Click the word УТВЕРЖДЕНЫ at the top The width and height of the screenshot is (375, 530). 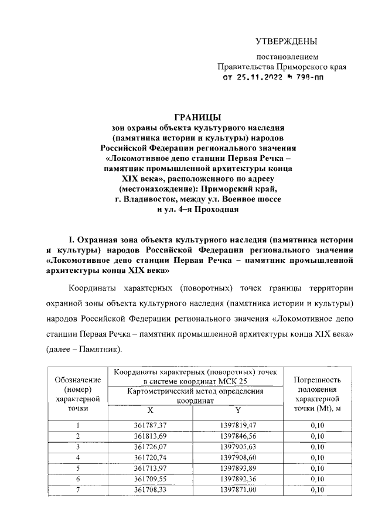pos(287,41)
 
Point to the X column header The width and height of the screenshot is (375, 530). pos(150,410)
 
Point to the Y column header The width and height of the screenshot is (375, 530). pos(237,410)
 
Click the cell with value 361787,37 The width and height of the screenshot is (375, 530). pos(150,426)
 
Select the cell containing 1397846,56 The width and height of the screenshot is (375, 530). pos(237,436)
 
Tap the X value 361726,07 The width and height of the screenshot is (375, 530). pos(150,447)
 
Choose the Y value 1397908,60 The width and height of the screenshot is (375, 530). pos(237,457)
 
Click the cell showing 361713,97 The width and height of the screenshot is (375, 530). pos(150,468)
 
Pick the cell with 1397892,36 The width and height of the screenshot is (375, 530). pos(237,478)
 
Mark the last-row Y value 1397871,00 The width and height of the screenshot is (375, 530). pos(237,489)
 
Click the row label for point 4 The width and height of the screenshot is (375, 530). pos(77,457)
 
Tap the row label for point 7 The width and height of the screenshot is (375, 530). pos(77,489)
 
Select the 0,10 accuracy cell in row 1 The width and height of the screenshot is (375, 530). pos(317,426)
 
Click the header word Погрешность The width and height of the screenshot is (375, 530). pos(317,379)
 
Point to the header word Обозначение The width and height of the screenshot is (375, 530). pos(77,379)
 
